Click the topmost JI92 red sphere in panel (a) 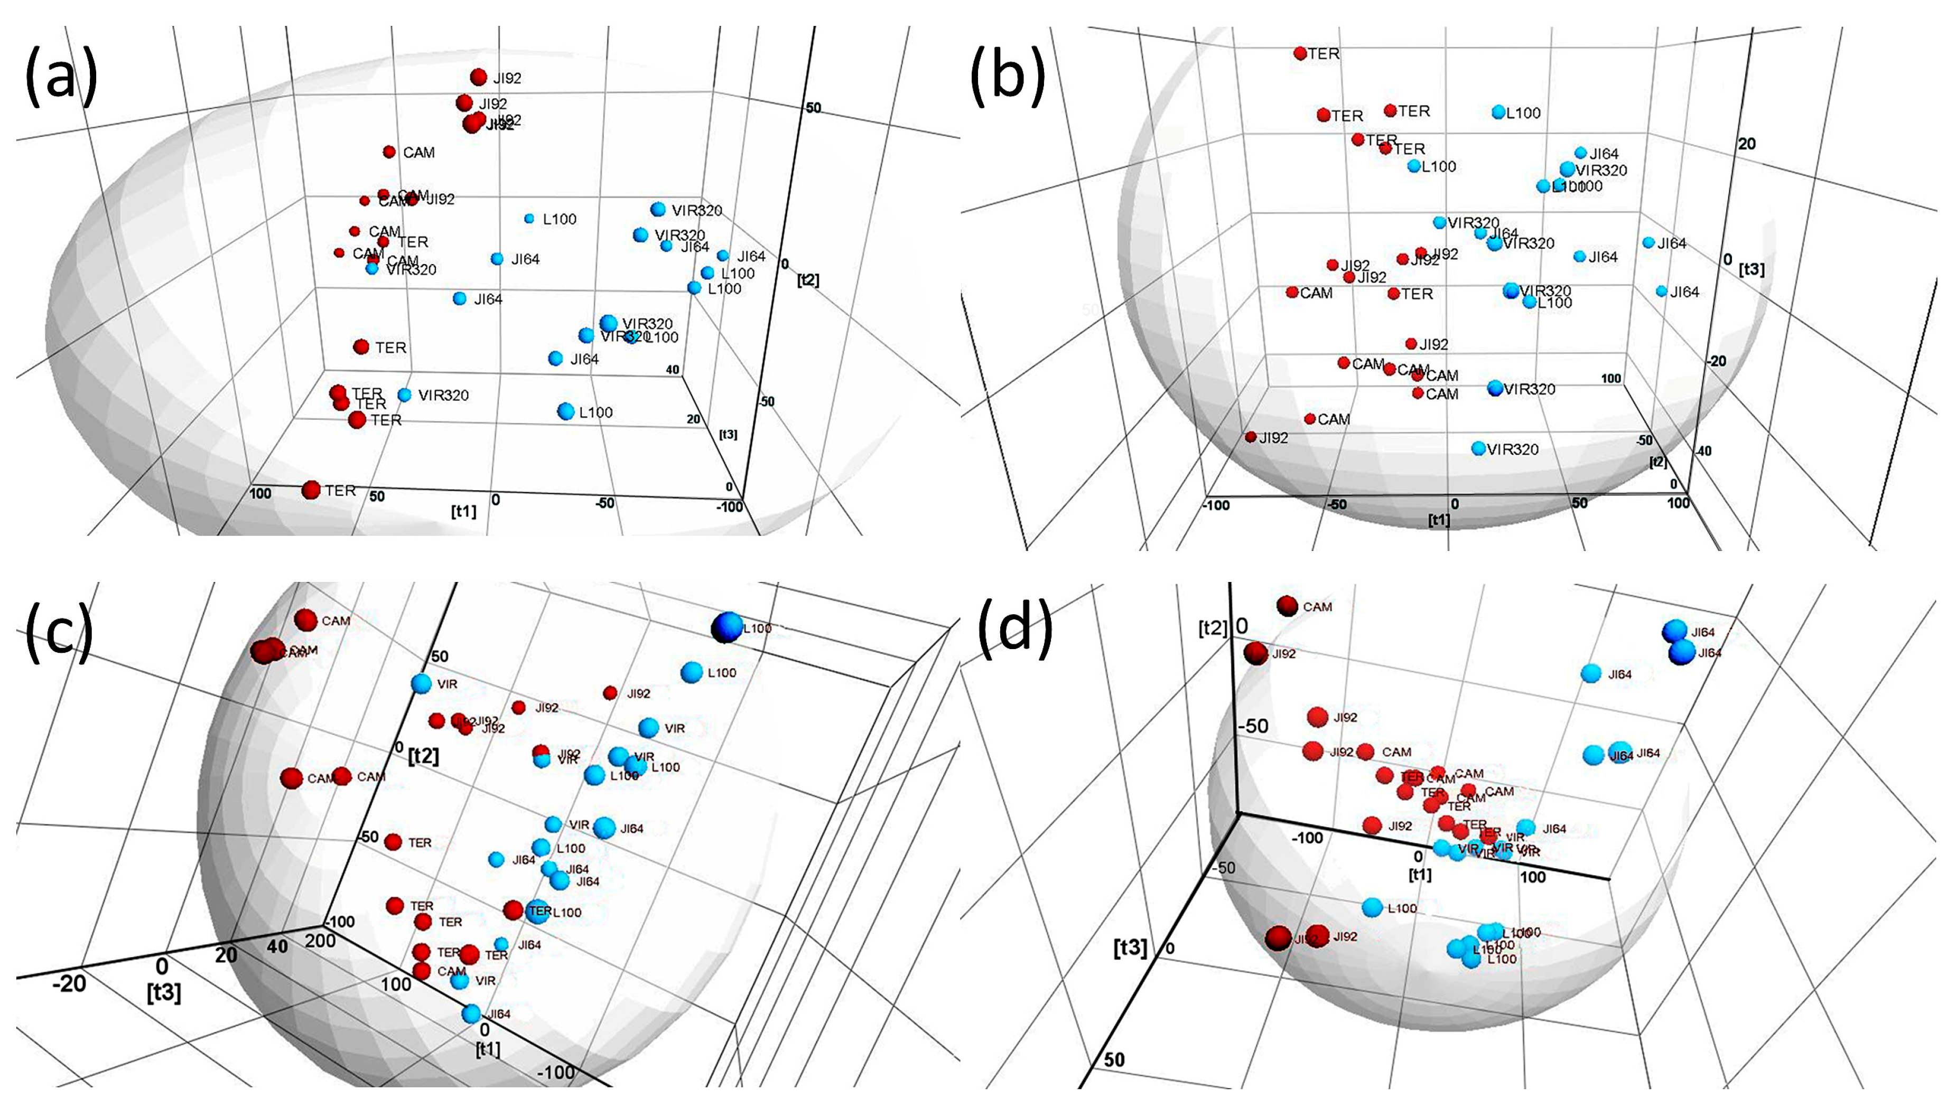click(478, 77)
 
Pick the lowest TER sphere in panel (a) click(311, 490)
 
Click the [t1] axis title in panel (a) click(463, 511)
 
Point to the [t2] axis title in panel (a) click(807, 280)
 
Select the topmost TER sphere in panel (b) click(1300, 53)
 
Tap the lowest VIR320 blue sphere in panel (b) click(1478, 448)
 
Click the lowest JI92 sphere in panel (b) click(1251, 437)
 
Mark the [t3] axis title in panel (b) click(1752, 269)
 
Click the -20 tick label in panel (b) click(1717, 360)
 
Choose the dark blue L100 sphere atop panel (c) click(726, 628)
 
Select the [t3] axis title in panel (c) click(164, 993)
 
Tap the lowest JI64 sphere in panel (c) click(471, 1013)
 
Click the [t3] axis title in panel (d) click(1130, 947)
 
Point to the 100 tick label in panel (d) click(1533, 877)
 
